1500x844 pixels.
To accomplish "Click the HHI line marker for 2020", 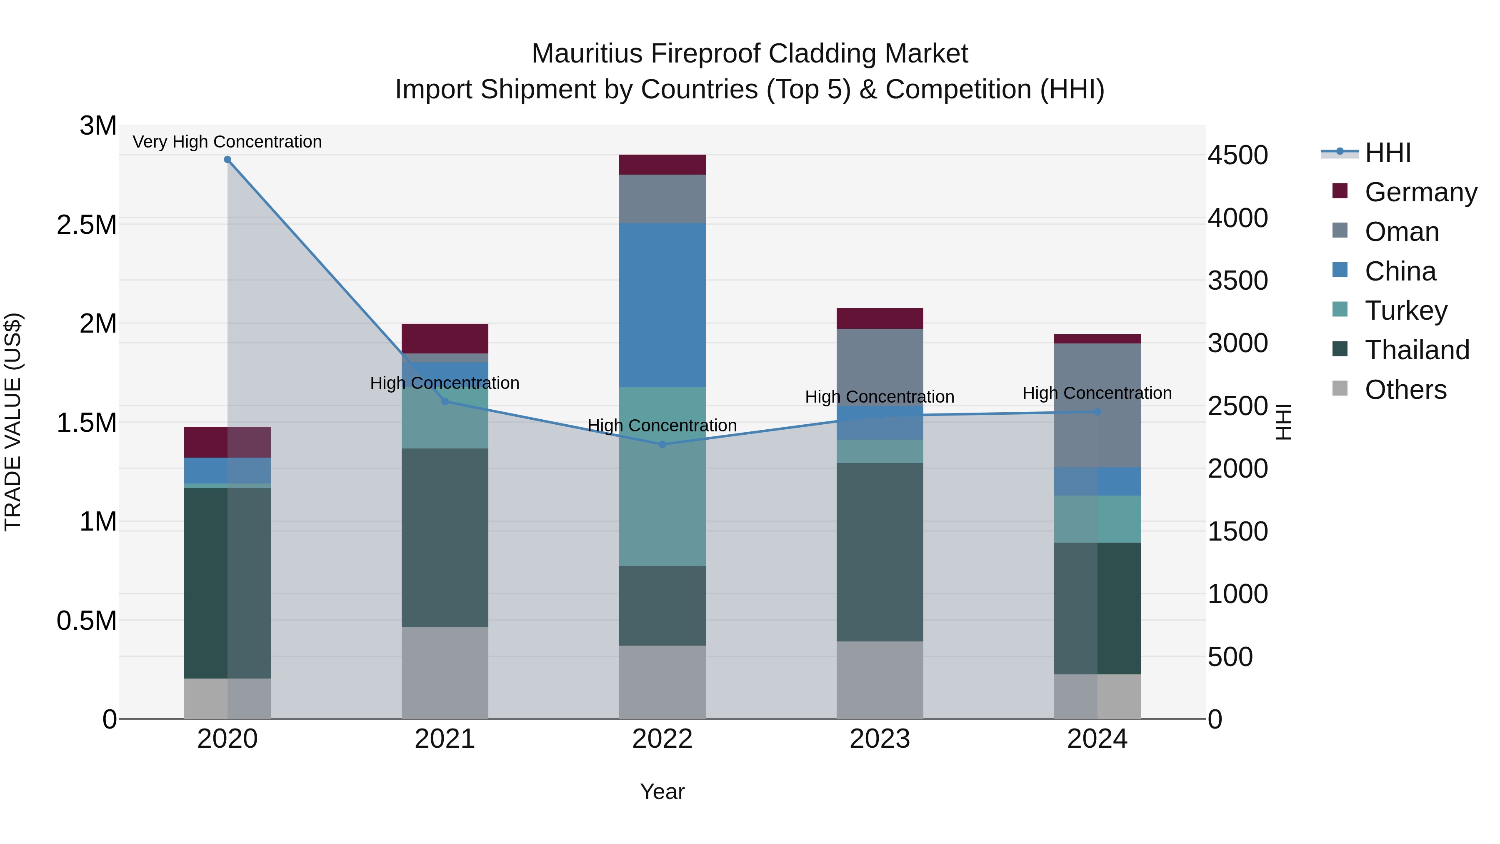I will click(x=227, y=160).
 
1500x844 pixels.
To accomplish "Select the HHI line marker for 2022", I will click(x=662, y=444).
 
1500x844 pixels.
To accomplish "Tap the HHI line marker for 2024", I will click(x=1097, y=412).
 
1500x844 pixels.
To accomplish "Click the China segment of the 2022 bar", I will click(x=662, y=305).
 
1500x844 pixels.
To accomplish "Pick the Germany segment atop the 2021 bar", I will click(x=445, y=338).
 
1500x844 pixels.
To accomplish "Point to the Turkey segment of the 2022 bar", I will click(x=662, y=476).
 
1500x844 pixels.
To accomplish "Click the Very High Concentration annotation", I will click(x=227, y=142).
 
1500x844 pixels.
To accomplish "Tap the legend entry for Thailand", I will click(x=1417, y=350).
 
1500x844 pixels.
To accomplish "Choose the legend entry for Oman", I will click(x=1402, y=232).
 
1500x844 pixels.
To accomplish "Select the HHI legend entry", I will click(x=1387, y=153).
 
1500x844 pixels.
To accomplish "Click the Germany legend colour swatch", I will click(x=1340, y=191).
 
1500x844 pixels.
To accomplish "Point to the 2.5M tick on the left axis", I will click(x=87, y=225).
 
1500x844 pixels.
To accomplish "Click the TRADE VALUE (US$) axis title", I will click(x=13, y=422).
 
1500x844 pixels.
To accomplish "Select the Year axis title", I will click(x=662, y=791).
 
